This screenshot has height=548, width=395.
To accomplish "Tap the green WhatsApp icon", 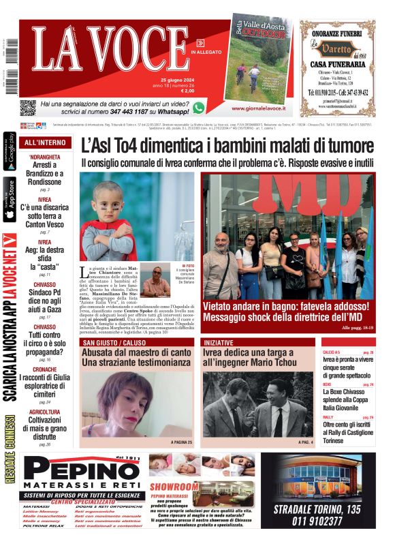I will [198, 107].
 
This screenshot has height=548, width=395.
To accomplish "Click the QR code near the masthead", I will [27, 108].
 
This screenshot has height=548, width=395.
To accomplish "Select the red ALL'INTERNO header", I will [45, 143].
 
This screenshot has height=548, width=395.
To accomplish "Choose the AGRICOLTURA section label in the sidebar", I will [45, 412].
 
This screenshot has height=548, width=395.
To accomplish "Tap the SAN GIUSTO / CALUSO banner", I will [113, 342].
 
